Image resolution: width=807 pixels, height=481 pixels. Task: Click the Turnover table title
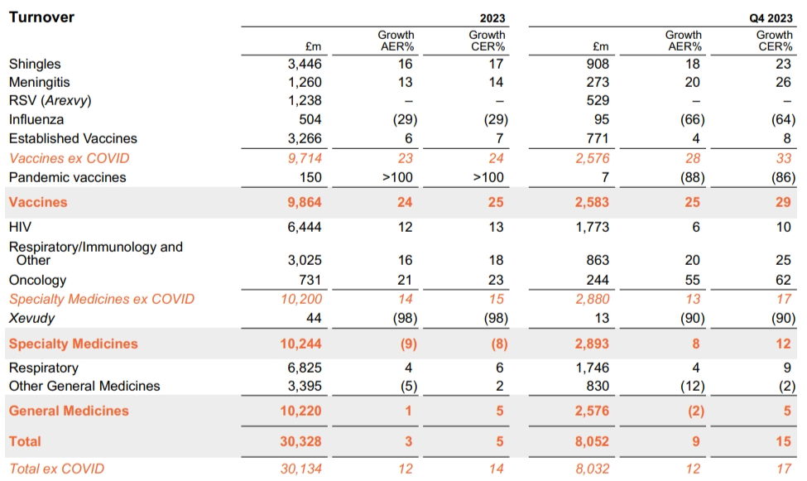pyautogui.click(x=41, y=17)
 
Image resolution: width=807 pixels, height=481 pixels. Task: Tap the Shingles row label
pyautogui.click(x=35, y=64)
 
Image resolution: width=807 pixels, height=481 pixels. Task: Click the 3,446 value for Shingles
pyautogui.click(x=305, y=64)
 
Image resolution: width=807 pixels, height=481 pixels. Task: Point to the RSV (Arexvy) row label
pyautogui.click(x=50, y=101)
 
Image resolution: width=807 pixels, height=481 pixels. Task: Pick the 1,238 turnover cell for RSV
pyautogui.click(x=305, y=101)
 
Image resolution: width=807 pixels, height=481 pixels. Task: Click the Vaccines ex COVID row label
pyautogui.click(x=69, y=158)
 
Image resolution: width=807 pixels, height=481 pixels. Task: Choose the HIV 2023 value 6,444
pyautogui.click(x=305, y=226)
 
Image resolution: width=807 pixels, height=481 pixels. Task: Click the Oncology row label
pyautogui.click(x=37, y=280)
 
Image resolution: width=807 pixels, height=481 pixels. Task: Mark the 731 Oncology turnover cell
pyautogui.click(x=310, y=280)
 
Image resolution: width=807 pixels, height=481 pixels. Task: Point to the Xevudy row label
pyautogui.click(x=31, y=319)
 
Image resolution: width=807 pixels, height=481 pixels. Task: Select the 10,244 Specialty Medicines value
pyautogui.click(x=300, y=344)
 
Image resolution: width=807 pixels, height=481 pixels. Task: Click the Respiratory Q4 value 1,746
pyautogui.click(x=593, y=368)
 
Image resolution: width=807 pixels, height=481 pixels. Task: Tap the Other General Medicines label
pyautogui.click(x=84, y=386)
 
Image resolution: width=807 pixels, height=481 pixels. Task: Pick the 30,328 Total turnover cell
pyautogui.click(x=300, y=441)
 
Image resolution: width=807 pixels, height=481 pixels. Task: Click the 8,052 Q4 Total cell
pyautogui.click(x=591, y=441)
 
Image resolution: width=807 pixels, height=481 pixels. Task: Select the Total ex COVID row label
pyautogui.click(x=56, y=469)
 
